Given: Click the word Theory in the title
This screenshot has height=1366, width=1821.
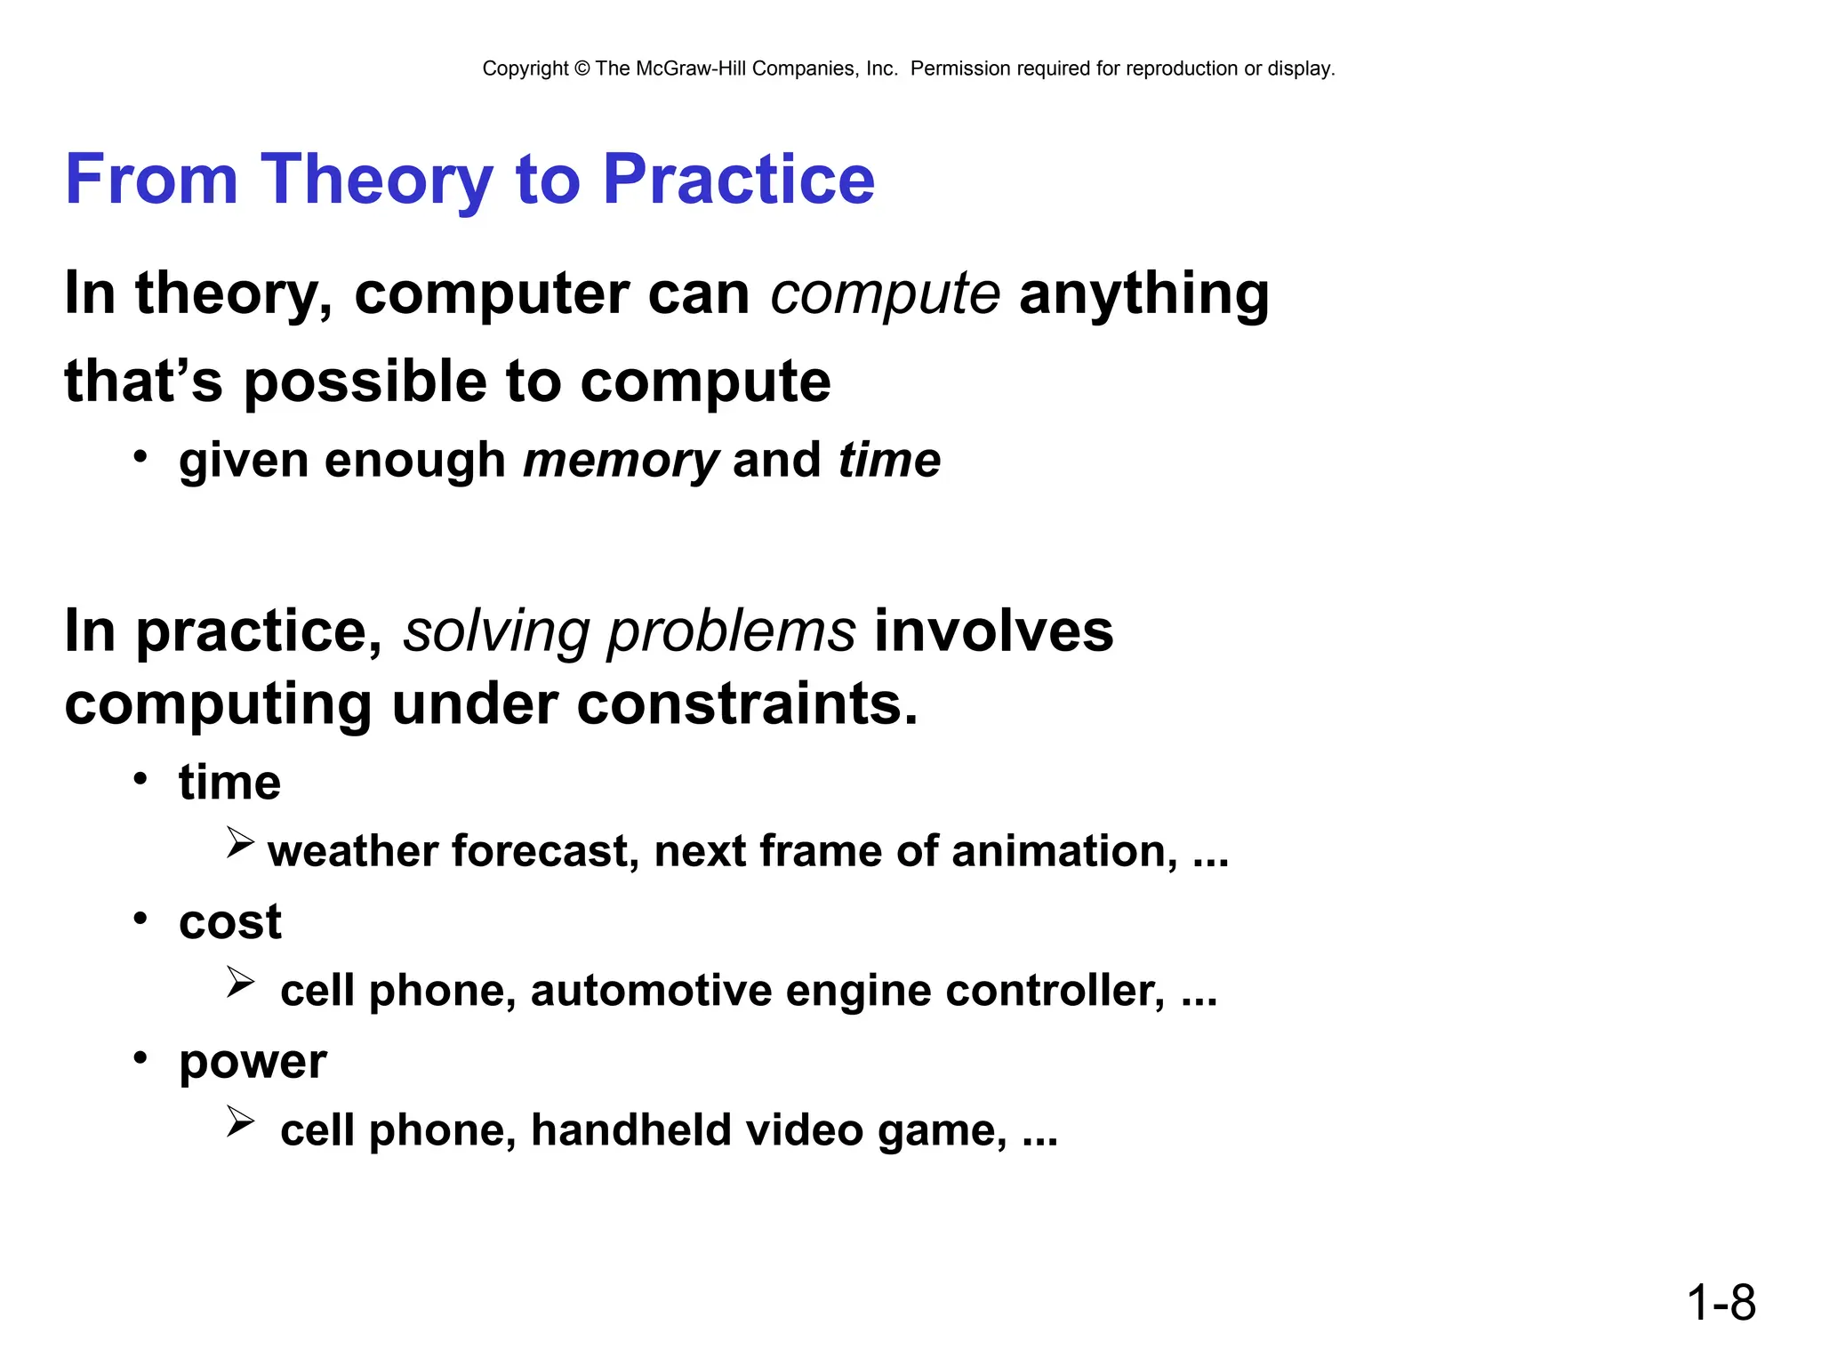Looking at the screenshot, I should coord(376,181).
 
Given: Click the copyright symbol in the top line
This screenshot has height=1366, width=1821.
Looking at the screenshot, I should coord(582,68).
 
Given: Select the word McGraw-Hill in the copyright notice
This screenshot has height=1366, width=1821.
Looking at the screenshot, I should coord(690,68).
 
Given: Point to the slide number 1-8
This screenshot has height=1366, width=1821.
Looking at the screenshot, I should coord(1721,1303).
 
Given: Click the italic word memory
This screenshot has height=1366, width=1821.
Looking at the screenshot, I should coord(621,461).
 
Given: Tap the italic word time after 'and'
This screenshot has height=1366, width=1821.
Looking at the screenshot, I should coord(889,461).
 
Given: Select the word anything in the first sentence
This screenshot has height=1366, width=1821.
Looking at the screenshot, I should coord(1143,294).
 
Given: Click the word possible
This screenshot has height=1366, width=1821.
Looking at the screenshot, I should coord(365,382).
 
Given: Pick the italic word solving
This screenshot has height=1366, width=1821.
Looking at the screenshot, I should coord(495,631).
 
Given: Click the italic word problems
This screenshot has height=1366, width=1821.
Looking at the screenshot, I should coord(731,631).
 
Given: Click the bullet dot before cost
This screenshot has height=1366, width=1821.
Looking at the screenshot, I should coord(140,917).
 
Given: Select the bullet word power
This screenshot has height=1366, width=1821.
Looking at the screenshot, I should coord(253,1062).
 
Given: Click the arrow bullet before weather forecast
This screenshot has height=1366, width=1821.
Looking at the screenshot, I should coord(240,842).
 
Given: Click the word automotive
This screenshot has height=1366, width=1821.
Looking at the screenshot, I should coord(651,991).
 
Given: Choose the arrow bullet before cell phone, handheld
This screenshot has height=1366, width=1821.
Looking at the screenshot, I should coord(240,1121).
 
